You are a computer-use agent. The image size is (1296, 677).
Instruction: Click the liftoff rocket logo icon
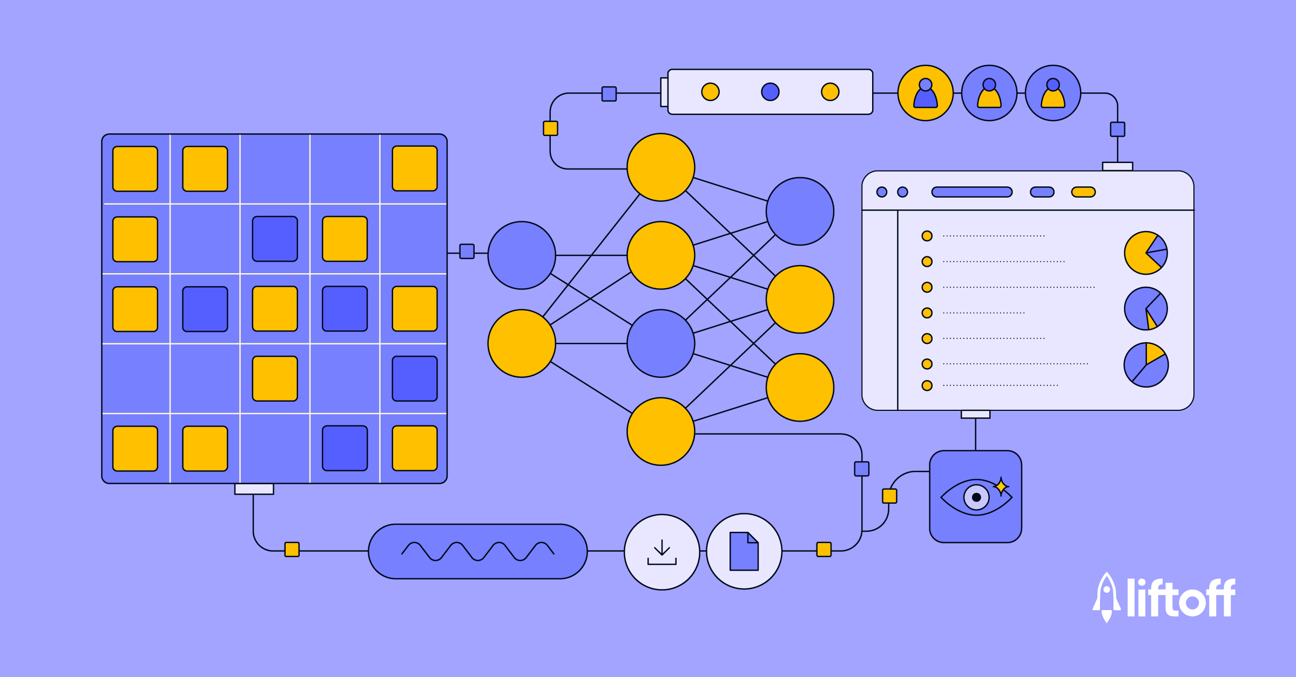1106,597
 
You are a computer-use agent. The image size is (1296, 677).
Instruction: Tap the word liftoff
1181,598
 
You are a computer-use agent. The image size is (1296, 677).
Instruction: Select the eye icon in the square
975,497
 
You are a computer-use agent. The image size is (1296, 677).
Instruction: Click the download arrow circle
662,551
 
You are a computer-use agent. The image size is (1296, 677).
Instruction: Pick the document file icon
744,551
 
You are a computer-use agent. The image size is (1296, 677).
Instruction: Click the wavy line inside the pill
478,551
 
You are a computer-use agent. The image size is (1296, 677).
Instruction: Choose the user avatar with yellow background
926,93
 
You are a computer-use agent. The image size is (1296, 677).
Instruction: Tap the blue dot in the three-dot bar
770,92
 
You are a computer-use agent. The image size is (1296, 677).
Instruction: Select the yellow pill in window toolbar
1083,192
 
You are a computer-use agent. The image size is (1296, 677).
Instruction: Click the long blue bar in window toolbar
972,192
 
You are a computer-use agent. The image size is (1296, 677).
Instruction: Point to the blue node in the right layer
800,211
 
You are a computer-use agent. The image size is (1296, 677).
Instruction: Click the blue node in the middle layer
660,343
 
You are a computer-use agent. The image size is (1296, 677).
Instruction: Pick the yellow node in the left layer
522,343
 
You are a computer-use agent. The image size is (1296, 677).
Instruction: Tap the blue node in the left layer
522,255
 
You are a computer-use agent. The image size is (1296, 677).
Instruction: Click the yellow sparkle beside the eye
1001,486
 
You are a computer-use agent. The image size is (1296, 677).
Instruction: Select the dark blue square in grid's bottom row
345,448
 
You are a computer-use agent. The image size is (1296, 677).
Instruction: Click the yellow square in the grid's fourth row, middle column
275,378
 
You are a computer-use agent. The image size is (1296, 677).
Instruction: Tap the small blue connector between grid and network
467,252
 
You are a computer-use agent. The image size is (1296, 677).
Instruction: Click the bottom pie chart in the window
1146,365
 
